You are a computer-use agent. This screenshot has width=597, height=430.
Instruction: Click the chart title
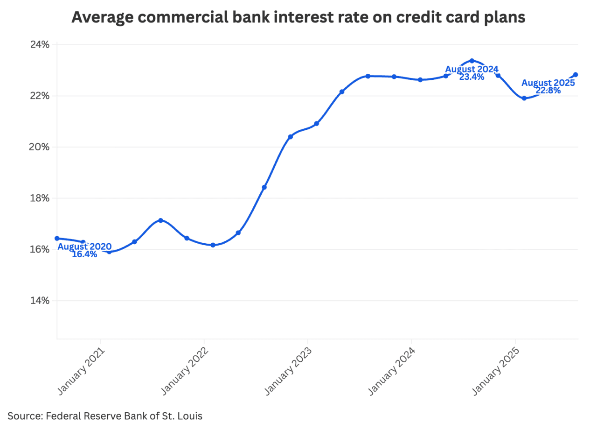[x=298, y=17]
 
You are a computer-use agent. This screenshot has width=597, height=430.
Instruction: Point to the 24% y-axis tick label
[x=39, y=45]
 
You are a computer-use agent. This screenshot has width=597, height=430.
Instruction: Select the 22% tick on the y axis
[x=39, y=96]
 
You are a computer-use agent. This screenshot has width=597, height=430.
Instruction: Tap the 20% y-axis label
[x=39, y=147]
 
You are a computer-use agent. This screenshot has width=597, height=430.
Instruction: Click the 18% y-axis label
[x=39, y=198]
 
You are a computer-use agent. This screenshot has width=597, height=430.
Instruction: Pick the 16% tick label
[x=39, y=249]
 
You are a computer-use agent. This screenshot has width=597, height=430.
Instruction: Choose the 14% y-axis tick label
[x=39, y=300]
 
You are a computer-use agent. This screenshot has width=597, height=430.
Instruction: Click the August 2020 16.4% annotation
[x=84, y=250]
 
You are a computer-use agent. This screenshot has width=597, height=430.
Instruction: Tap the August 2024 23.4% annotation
[x=472, y=73]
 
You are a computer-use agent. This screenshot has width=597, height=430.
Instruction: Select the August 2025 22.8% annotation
[x=548, y=86]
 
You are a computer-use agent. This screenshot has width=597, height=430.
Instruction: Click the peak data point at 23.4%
[x=472, y=61]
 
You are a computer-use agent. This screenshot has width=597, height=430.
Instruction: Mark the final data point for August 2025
[x=576, y=75]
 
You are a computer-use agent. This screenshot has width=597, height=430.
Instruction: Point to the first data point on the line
[x=57, y=239]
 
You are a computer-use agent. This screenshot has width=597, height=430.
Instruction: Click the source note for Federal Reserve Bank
[x=105, y=416]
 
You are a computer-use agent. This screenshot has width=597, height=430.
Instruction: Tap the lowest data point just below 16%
[x=109, y=252]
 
